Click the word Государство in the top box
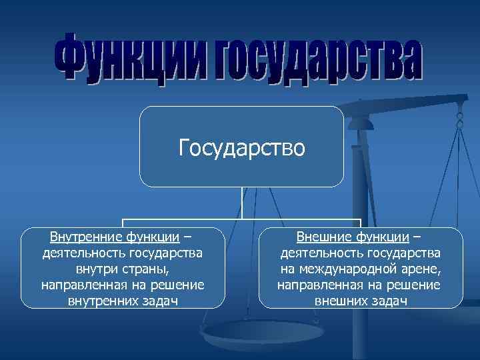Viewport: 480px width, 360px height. [241, 146]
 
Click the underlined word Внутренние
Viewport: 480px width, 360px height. [81, 237]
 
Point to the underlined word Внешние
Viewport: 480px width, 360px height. [325, 237]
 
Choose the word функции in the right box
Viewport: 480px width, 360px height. [383, 237]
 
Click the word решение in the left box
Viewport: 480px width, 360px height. [177, 285]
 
